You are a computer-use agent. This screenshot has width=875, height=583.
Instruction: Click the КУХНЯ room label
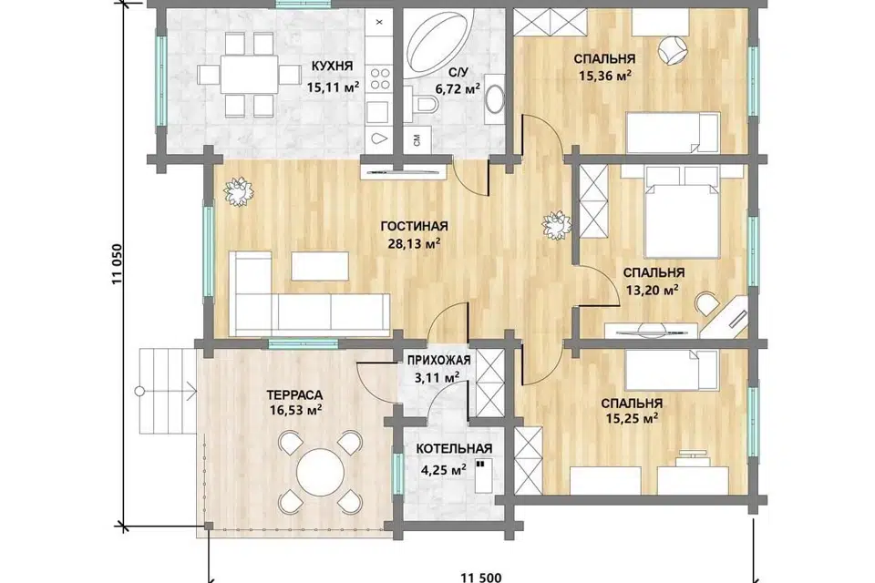(332, 66)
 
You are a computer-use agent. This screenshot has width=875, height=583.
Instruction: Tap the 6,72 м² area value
(458, 88)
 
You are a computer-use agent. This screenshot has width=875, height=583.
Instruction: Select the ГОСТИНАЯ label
(414, 226)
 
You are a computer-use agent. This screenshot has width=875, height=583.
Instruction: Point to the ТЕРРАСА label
(294, 395)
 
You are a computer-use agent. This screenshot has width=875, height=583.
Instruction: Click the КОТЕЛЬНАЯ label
(454, 449)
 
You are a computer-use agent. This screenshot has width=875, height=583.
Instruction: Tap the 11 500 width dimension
(481, 577)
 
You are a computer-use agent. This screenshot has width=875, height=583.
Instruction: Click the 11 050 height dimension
(117, 264)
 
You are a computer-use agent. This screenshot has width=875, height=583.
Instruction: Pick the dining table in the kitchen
(249, 75)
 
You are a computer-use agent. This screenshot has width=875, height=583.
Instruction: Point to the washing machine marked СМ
(417, 139)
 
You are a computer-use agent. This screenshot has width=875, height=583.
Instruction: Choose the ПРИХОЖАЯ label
(438, 361)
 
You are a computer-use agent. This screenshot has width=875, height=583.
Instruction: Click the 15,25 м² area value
(631, 418)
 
